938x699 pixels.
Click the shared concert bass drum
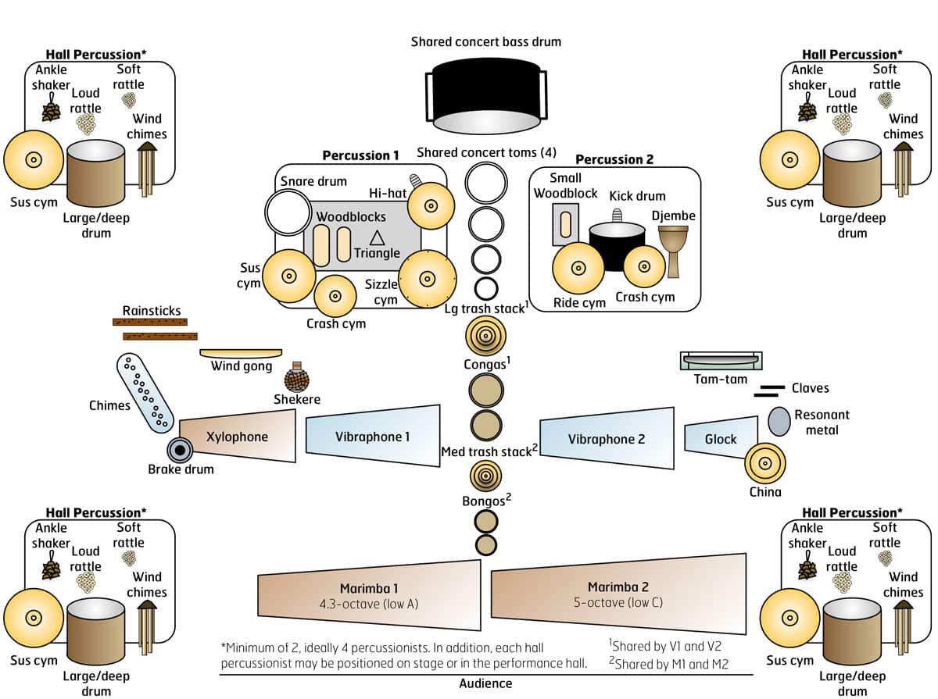coord(485,94)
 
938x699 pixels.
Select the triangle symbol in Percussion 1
coord(377,237)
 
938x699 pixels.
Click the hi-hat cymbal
coord(430,206)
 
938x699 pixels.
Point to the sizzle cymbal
coord(427,278)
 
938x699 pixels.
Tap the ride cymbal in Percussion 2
coord(578,268)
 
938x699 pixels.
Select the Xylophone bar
coord(238,436)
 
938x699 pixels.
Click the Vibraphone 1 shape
coord(373,437)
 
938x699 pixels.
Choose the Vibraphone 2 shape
coord(607,438)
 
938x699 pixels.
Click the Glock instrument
coord(721,439)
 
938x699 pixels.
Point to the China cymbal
coord(764,465)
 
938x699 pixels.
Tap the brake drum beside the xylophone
coord(181,449)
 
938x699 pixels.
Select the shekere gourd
coord(296,380)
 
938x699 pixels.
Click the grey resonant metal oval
coord(778,421)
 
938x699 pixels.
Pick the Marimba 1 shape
coord(369,595)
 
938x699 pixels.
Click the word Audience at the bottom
coord(485,683)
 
